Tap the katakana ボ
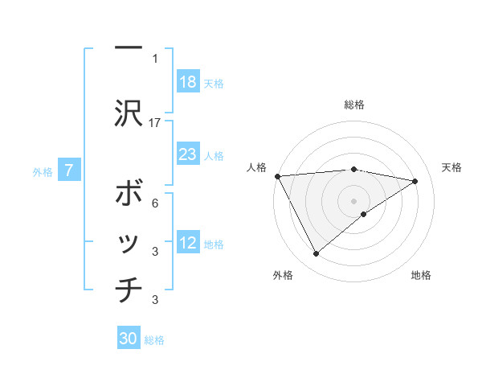click(x=129, y=195)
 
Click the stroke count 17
click(x=155, y=122)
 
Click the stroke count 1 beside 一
click(x=154, y=58)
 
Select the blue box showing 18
click(x=188, y=82)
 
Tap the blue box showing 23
click(x=188, y=154)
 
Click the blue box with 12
click(x=188, y=243)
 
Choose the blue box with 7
click(x=70, y=171)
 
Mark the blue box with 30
click(x=129, y=339)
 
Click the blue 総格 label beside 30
click(x=154, y=340)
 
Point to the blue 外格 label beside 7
click(x=43, y=171)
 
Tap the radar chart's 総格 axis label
click(x=353, y=105)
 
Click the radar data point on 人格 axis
click(x=277, y=175)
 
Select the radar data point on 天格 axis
click(x=415, y=181)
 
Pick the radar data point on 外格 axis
click(x=316, y=254)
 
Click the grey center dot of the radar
click(x=353, y=200)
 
